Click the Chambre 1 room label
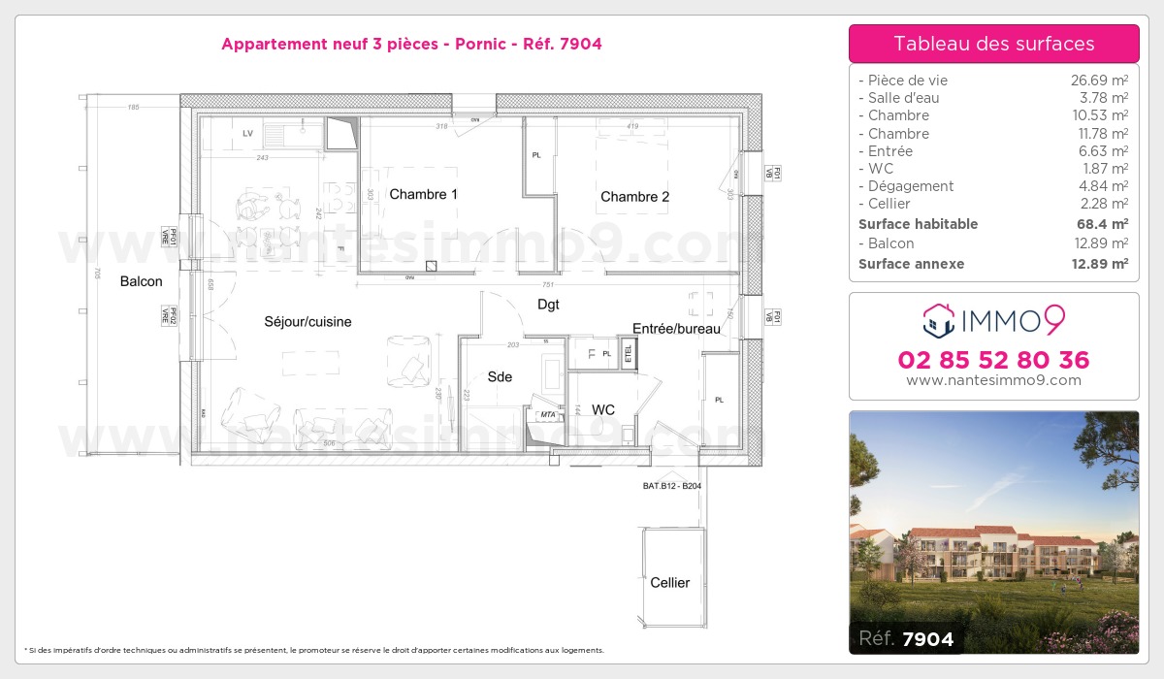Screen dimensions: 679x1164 [423, 194]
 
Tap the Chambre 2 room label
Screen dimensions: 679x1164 [634, 197]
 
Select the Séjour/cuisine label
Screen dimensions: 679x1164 [307, 321]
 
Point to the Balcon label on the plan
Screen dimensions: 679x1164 [142, 281]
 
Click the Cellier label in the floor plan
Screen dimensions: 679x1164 [669, 582]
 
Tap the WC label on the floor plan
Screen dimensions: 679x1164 [603, 410]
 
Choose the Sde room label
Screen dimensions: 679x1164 [500, 376]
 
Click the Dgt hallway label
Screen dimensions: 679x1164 [548, 304]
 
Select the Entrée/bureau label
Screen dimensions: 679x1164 [676, 329]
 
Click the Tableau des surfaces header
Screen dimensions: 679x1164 [993, 44]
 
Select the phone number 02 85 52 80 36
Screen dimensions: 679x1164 [993, 360]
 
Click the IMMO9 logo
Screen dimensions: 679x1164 [993, 318]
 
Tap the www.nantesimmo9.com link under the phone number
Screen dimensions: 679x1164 [993, 380]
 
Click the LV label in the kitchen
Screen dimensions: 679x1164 [247, 133]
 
